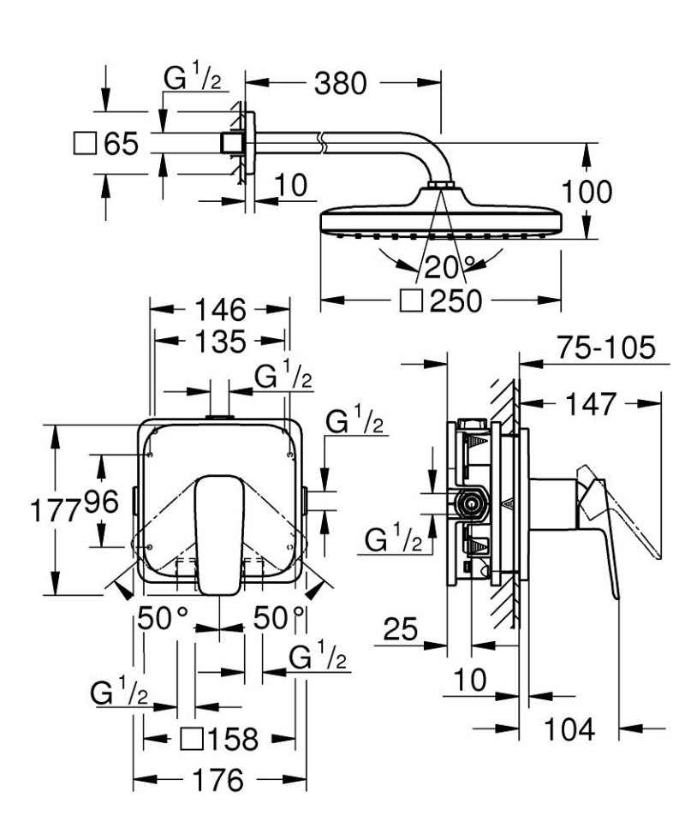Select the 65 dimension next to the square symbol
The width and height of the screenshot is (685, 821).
pos(121,143)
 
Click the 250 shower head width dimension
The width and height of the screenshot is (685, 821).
pos(457,301)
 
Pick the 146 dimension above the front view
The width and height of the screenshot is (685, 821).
pos(220,310)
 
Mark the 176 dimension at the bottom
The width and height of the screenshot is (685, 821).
pos(220,782)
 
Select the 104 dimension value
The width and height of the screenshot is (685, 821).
pos(571,729)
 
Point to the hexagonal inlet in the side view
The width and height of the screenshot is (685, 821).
pos(470,505)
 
